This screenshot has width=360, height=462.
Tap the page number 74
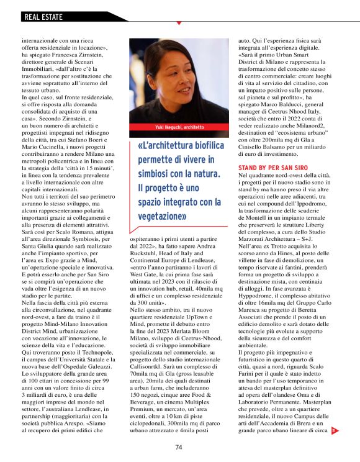[179, 447]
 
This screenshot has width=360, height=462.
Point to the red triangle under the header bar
[179, 24]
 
